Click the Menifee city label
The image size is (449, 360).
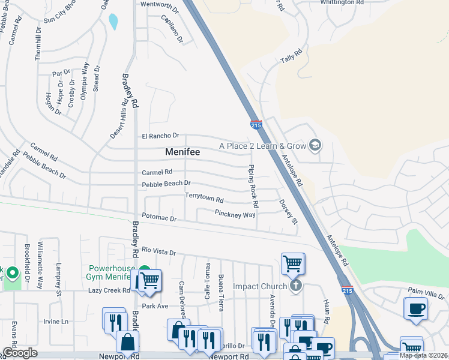click(x=182, y=152)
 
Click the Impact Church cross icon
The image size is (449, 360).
click(x=295, y=286)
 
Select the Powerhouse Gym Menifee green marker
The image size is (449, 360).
click(x=144, y=271)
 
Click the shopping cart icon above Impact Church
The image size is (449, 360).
click(x=292, y=263)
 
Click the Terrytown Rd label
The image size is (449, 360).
click(x=204, y=197)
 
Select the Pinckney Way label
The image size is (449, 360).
click(x=235, y=214)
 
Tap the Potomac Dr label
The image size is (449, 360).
click(x=159, y=218)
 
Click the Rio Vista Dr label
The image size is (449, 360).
click(x=158, y=251)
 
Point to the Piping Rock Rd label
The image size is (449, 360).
click(x=253, y=187)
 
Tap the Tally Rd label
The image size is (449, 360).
click(x=289, y=61)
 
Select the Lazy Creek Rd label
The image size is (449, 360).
click(x=109, y=290)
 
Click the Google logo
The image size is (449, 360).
click(x=20, y=353)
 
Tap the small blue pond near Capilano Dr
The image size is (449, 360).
click(x=113, y=22)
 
